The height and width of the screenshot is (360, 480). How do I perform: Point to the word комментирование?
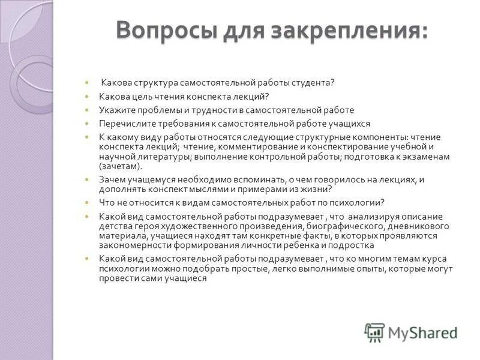(x=250, y=146)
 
